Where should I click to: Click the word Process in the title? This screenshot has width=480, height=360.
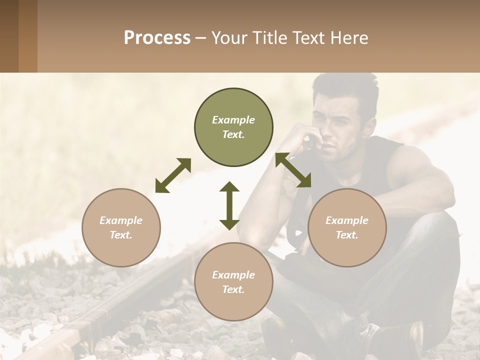pos(157,38)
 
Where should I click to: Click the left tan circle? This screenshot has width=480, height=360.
pos(121,227)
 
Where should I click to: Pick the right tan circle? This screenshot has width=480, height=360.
pos(347,227)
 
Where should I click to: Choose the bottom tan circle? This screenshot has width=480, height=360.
pos(233,282)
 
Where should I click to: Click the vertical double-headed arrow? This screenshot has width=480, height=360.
pos(229,205)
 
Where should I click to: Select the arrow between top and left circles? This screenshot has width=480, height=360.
pos(173,175)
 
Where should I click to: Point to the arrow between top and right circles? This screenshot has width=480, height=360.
pos(293,170)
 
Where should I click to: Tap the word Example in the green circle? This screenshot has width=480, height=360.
pos(233,120)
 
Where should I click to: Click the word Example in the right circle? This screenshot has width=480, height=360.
pos(347,220)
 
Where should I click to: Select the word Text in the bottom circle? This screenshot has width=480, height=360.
pos(232,289)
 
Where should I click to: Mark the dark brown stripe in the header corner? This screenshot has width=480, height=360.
pos(9,36)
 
